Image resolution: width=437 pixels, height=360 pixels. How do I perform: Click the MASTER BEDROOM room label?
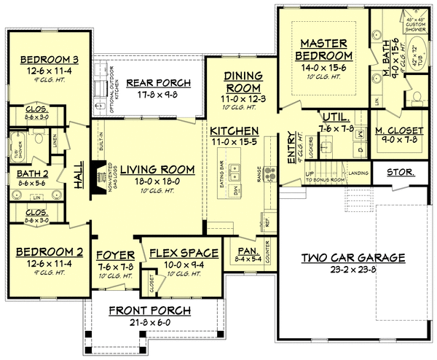(x=325, y=50)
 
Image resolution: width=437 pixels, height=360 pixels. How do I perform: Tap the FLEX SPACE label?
(x=184, y=254)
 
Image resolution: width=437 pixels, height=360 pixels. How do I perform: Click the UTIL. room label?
(x=335, y=117)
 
